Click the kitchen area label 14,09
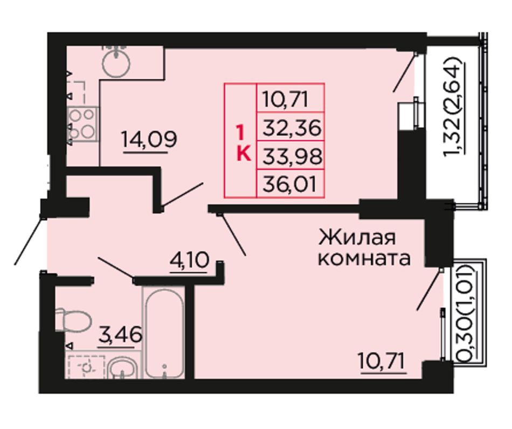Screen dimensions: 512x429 149,140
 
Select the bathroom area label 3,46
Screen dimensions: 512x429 120,334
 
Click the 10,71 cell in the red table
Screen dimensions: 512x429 286,99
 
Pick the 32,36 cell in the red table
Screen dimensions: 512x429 292,127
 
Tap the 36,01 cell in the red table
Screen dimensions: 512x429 289,184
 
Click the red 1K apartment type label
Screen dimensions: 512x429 244,144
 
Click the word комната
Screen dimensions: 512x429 364,259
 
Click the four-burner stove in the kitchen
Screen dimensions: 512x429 82,124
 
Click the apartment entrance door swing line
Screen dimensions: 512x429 29,240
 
